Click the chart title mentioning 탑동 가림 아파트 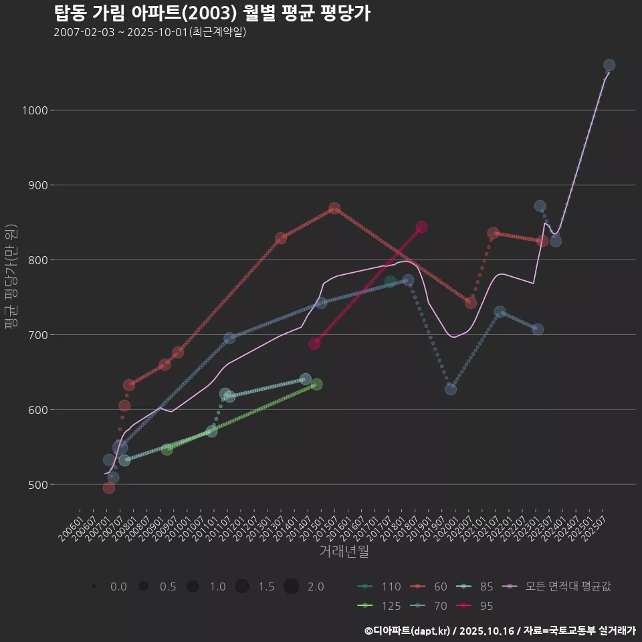pyautogui.click(x=212, y=13)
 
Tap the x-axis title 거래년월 pyautogui.click(x=344, y=551)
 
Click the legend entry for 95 pyautogui.click(x=478, y=606)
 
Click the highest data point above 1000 pyautogui.click(x=609, y=65)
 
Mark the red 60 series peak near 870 pyautogui.click(x=334, y=209)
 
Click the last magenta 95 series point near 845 pyautogui.click(x=421, y=227)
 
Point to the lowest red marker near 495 pyautogui.click(x=109, y=488)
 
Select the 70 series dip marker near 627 pyautogui.click(x=451, y=389)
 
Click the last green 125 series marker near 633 pyautogui.click(x=317, y=385)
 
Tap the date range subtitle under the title pyautogui.click(x=150, y=32)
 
